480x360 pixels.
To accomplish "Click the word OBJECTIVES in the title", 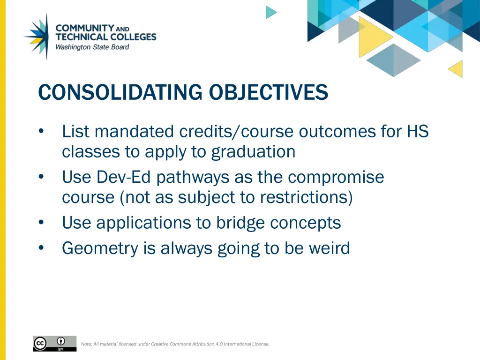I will point(268,92).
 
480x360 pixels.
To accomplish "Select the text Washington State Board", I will point(92,47).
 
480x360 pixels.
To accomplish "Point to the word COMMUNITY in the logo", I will point(85,28).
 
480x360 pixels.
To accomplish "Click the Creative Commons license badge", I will point(54,343).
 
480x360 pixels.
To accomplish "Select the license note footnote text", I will point(175,344).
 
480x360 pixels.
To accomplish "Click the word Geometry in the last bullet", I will point(101,248).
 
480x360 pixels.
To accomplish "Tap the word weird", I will point(329,248).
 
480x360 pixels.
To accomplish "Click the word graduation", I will point(253,152).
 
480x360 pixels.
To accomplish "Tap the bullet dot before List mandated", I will point(42,132).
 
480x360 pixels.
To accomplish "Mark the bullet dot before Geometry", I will point(42,248).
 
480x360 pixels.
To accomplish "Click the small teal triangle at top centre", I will point(270,12).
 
